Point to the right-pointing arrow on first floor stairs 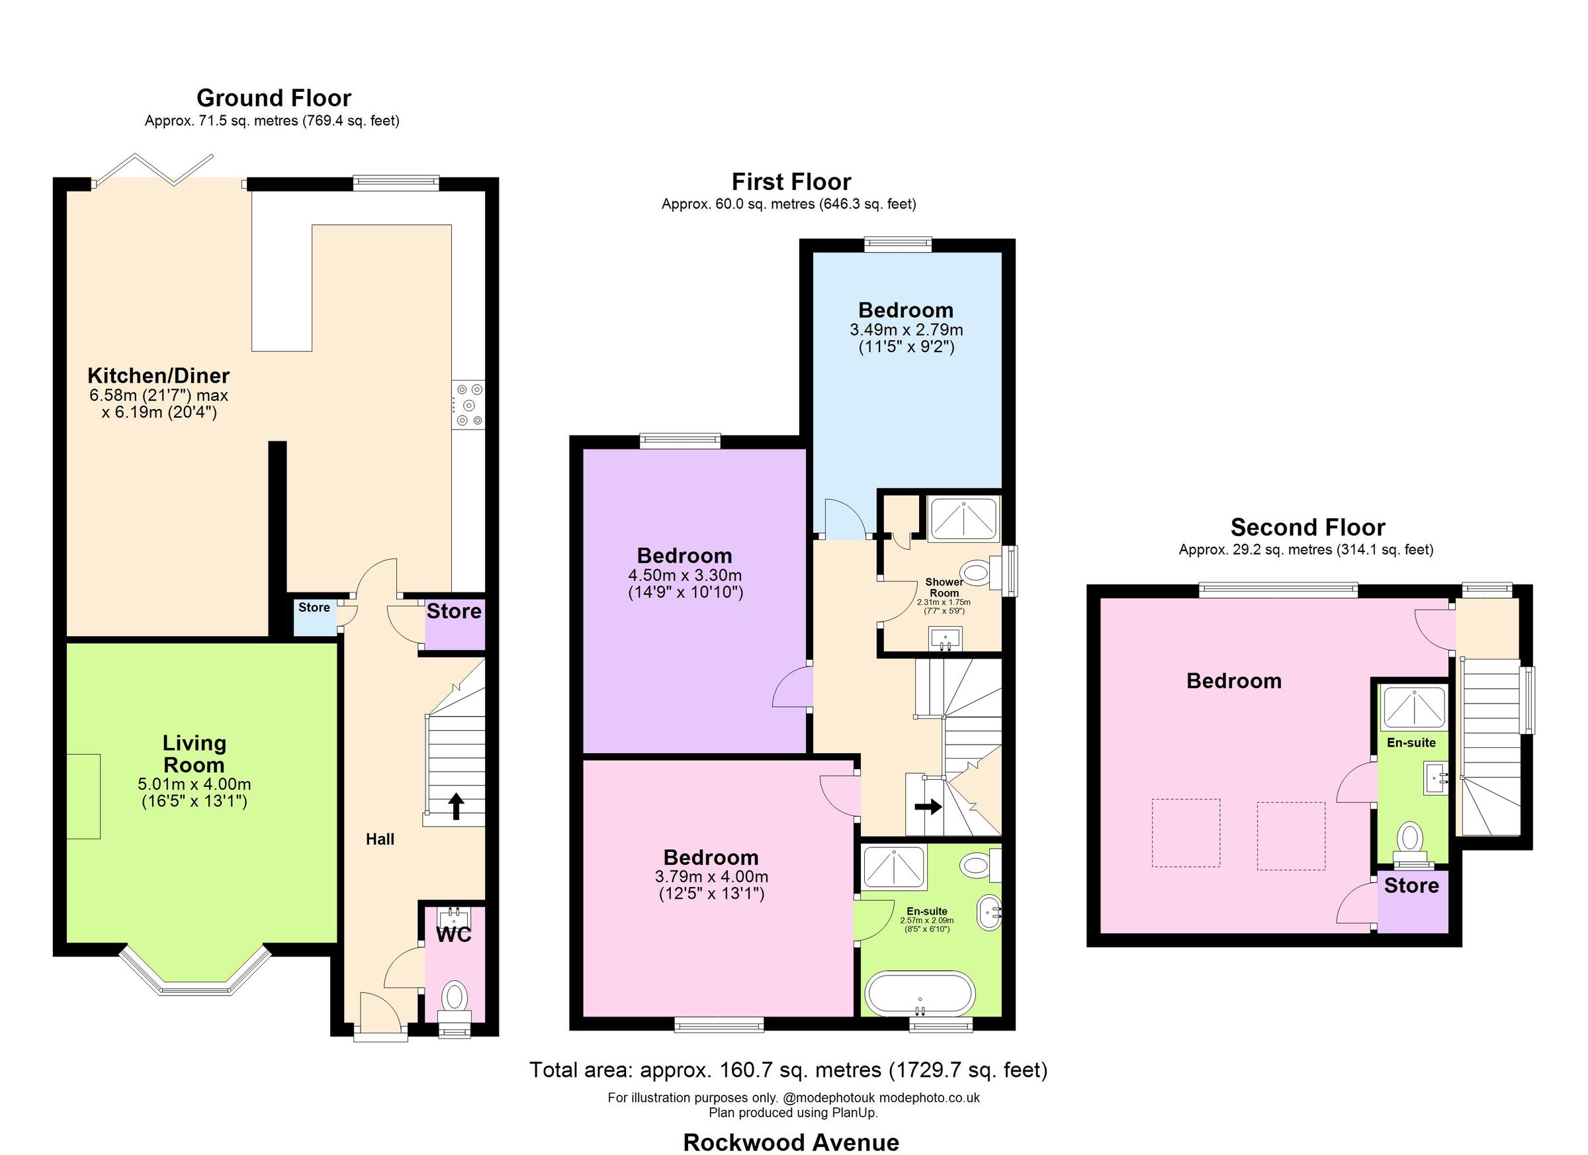928,807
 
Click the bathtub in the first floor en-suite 919,993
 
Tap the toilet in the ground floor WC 455,996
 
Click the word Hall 380,839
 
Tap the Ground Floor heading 274,98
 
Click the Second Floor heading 1307,527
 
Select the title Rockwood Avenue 791,1142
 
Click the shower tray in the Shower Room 963,518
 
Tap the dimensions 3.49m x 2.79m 906,329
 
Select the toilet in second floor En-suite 1409,839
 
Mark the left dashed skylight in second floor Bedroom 1186,833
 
